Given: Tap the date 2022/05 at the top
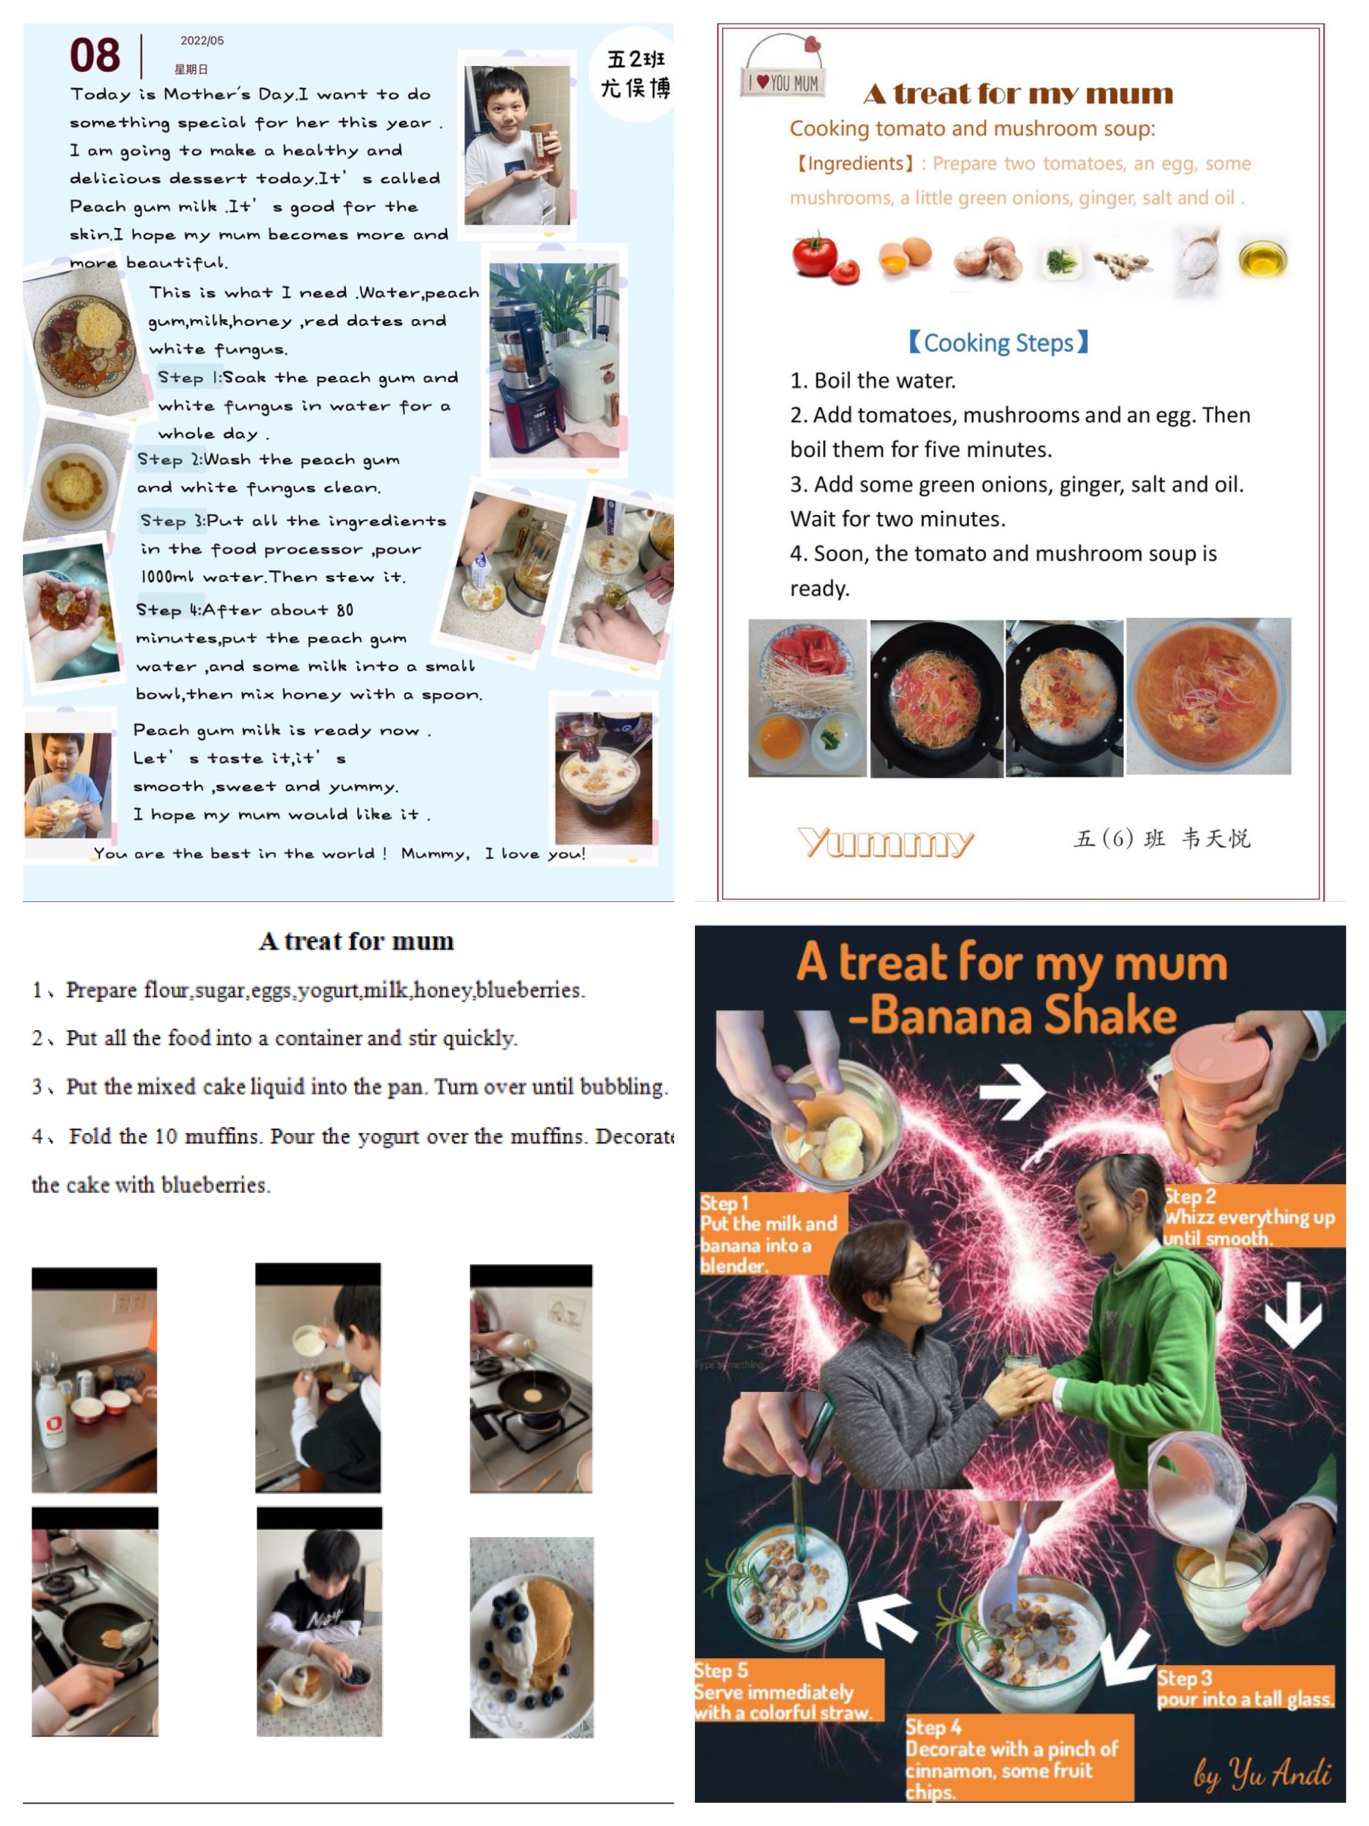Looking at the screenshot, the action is pos(202,40).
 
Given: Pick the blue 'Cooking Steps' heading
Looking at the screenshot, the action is pos(999,342).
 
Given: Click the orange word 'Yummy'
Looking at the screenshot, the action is pos(886,842).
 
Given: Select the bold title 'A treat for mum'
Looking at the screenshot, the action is pos(356,941).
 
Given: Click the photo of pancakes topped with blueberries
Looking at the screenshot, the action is pos(531,1637).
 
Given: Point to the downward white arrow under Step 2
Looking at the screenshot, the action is pos(1293,1315).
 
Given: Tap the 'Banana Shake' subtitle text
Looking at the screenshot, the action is pos(1013,1015).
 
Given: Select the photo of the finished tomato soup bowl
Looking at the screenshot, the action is pos(1208,696).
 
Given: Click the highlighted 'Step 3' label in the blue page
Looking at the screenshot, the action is pos(173,521).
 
